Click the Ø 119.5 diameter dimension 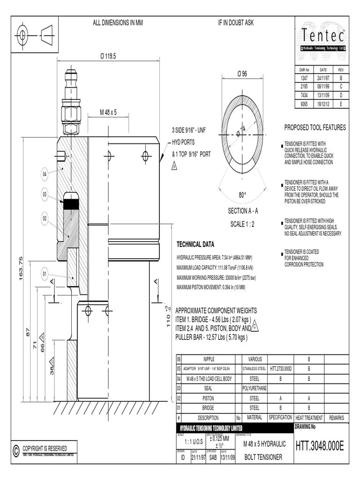coord(107,56)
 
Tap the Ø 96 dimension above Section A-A coord(242,75)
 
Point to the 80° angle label coord(242,195)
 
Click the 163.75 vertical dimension coord(21,269)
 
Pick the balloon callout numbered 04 coord(45,174)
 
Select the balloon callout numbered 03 coord(45,194)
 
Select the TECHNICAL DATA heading coord(195,245)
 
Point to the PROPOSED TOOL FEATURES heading coord(315,127)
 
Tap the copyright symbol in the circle coord(16,450)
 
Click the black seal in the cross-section coord(71,204)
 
